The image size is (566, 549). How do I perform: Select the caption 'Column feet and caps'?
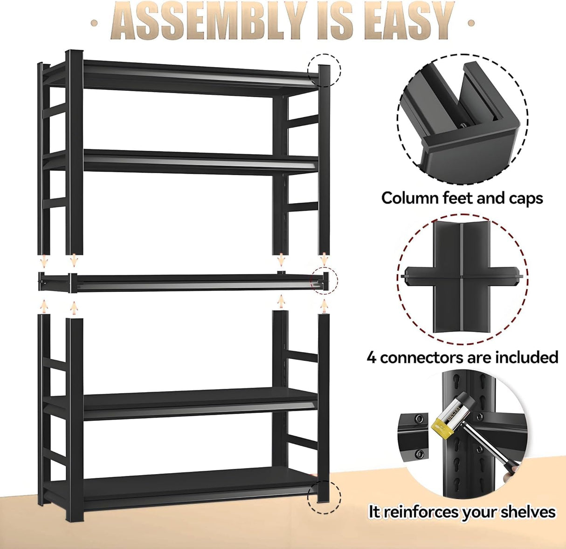[x=462, y=198]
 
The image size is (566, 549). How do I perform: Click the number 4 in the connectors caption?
[x=371, y=358]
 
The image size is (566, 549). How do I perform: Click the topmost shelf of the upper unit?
[x=196, y=75]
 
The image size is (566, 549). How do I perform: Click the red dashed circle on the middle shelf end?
[x=324, y=280]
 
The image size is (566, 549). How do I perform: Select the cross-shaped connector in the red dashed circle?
[x=462, y=278]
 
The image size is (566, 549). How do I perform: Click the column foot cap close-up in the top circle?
[x=462, y=119]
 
